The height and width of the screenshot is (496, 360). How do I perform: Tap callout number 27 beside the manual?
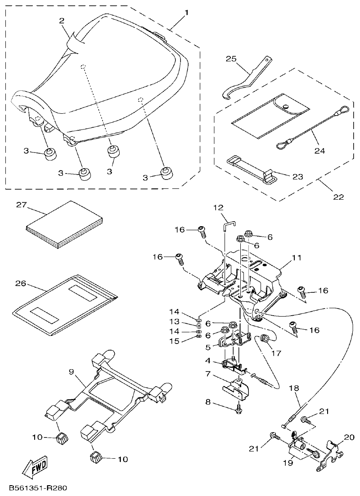[x=22, y=205]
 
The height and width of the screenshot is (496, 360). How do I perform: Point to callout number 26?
[x=21, y=284]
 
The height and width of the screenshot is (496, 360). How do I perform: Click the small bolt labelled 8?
[x=238, y=410]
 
